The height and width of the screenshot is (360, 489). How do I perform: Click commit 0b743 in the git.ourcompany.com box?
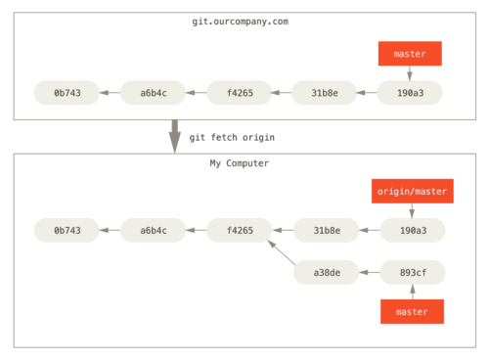pos(67,93)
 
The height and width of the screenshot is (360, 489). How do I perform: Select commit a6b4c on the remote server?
pos(153,93)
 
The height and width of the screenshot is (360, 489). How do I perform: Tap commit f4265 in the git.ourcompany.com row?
pos(239,93)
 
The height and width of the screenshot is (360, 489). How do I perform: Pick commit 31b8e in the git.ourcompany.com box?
pos(325,93)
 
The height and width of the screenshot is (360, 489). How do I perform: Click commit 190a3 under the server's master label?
pos(411,93)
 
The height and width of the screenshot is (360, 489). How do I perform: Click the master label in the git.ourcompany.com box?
pos(410,54)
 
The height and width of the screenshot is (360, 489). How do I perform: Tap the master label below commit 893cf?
pos(412,311)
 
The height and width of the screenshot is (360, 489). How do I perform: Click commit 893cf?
pos(412,272)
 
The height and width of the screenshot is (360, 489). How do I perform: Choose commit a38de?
pos(326,272)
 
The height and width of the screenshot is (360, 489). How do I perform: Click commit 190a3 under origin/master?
pos(412,231)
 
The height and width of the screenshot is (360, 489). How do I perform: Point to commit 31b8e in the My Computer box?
pos(326,231)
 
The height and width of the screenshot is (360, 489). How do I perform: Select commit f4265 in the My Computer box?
pos(239,231)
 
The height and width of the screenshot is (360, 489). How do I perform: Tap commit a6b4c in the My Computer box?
pos(153,231)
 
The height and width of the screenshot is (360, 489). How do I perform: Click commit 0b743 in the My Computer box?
pos(67,231)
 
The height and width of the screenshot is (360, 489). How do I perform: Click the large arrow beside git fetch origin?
pos(175,136)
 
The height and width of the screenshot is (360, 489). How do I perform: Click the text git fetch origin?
pos(232,137)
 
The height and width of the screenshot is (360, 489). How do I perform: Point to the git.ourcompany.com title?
pos(240,22)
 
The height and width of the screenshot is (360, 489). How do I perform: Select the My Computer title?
pos(239,163)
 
